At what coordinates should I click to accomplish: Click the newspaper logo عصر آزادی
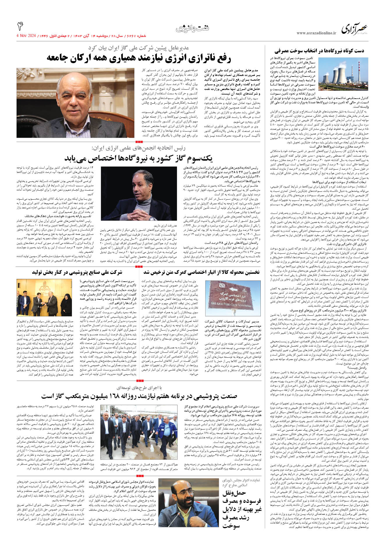tap(354, 29)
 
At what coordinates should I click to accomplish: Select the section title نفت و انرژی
tap(192, 29)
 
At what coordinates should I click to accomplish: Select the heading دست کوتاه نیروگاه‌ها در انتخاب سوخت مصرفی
tap(319, 51)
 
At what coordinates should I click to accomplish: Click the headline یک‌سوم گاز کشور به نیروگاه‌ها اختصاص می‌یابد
tap(139, 159)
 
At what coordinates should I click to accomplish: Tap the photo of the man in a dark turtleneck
tap(139, 193)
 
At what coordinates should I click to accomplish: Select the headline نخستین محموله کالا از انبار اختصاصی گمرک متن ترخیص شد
tap(201, 272)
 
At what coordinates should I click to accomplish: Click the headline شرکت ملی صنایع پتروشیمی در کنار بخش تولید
tap(77, 272)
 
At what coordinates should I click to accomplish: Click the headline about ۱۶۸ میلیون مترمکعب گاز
tap(139, 396)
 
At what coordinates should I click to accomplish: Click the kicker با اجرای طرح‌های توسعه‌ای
tap(139, 388)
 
